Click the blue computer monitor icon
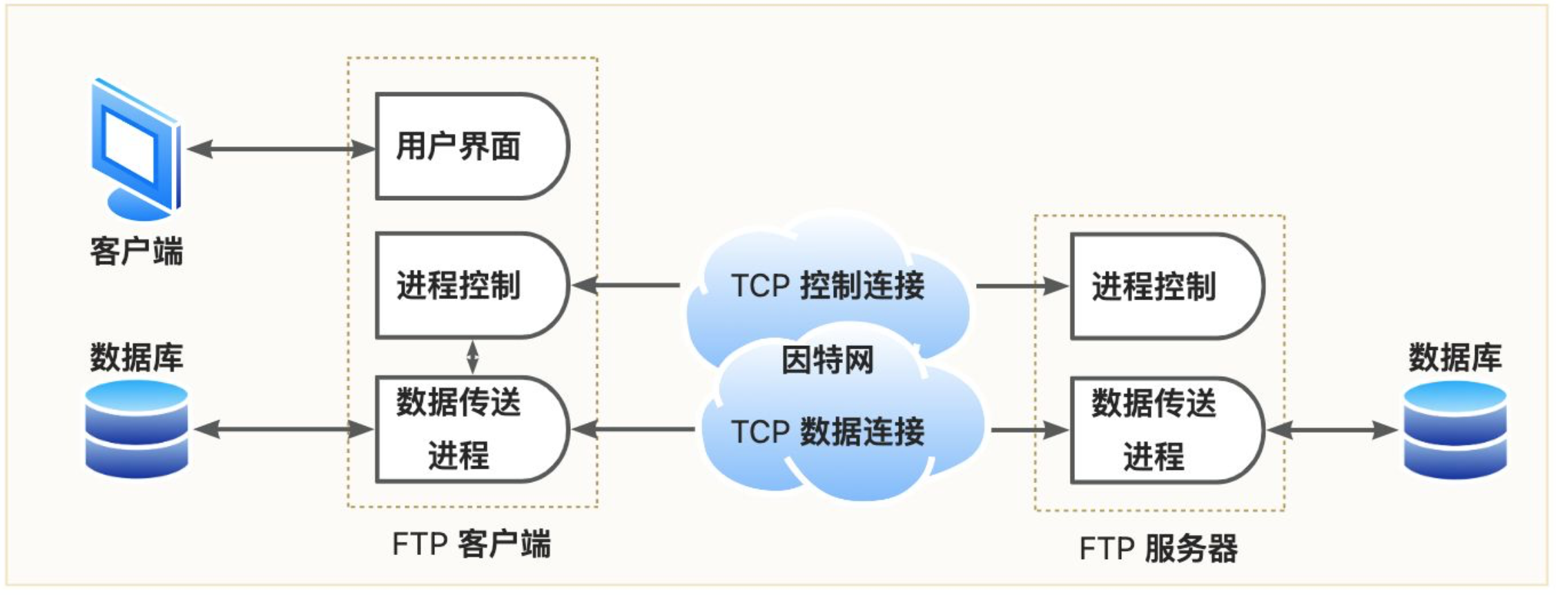pos(136,149)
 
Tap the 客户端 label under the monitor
pos(137,251)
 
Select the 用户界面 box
pos(472,146)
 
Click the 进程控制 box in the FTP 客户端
pos(472,285)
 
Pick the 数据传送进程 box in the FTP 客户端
pos(472,429)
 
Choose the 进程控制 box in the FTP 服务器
pos(1167,286)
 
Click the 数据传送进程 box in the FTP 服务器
pos(1167,430)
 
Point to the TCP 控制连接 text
pos(828,285)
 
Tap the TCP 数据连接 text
pos(828,431)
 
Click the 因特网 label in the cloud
pos(828,360)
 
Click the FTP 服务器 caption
pos(1158,549)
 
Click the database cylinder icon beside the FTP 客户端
pos(137,429)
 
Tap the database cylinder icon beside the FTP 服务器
pos(1455,429)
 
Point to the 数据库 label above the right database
pos(1455,357)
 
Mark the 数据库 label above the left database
pos(137,357)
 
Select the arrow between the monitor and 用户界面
pos(281,148)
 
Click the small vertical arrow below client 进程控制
pos(472,357)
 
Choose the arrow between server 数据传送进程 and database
pos(1332,430)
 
